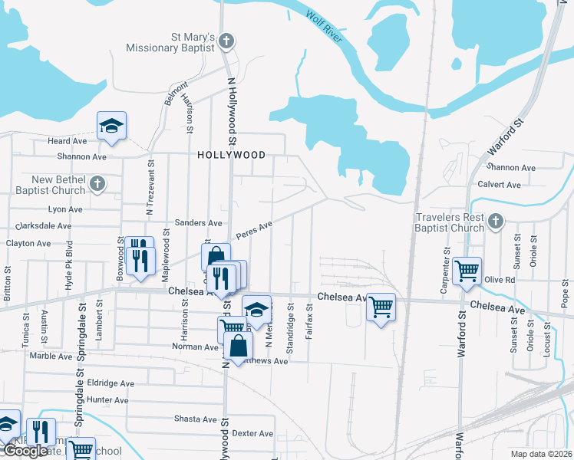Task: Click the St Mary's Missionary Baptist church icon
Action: click(226, 40)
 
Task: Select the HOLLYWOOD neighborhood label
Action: click(231, 154)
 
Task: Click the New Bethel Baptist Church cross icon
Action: click(97, 183)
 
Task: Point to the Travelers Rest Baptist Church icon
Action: click(496, 222)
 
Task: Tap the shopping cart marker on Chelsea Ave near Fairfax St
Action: click(381, 307)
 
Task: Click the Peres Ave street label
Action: click(254, 229)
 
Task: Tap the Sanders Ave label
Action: click(199, 222)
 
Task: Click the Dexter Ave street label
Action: click(252, 433)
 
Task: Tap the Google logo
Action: click(25, 452)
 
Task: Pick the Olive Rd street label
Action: click(499, 280)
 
